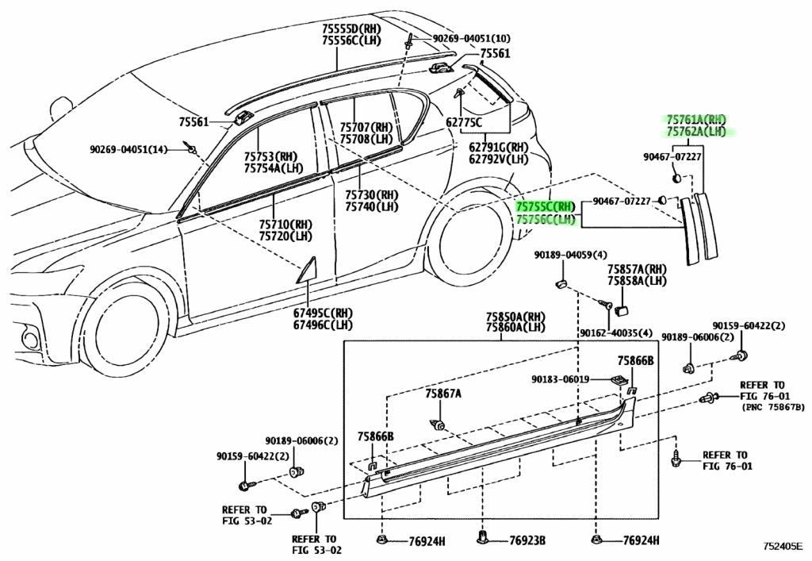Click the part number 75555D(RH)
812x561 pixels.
tap(350, 29)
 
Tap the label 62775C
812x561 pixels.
tap(463, 122)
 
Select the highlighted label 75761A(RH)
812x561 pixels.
tap(696, 120)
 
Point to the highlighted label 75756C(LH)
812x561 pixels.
tap(546, 220)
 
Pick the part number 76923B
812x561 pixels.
tap(527, 541)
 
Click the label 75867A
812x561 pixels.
tap(443, 394)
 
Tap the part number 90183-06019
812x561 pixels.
tap(561, 379)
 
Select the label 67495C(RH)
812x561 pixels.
tap(323, 313)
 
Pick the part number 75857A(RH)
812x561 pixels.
tap(637, 269)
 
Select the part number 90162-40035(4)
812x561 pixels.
tap(615, 333)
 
